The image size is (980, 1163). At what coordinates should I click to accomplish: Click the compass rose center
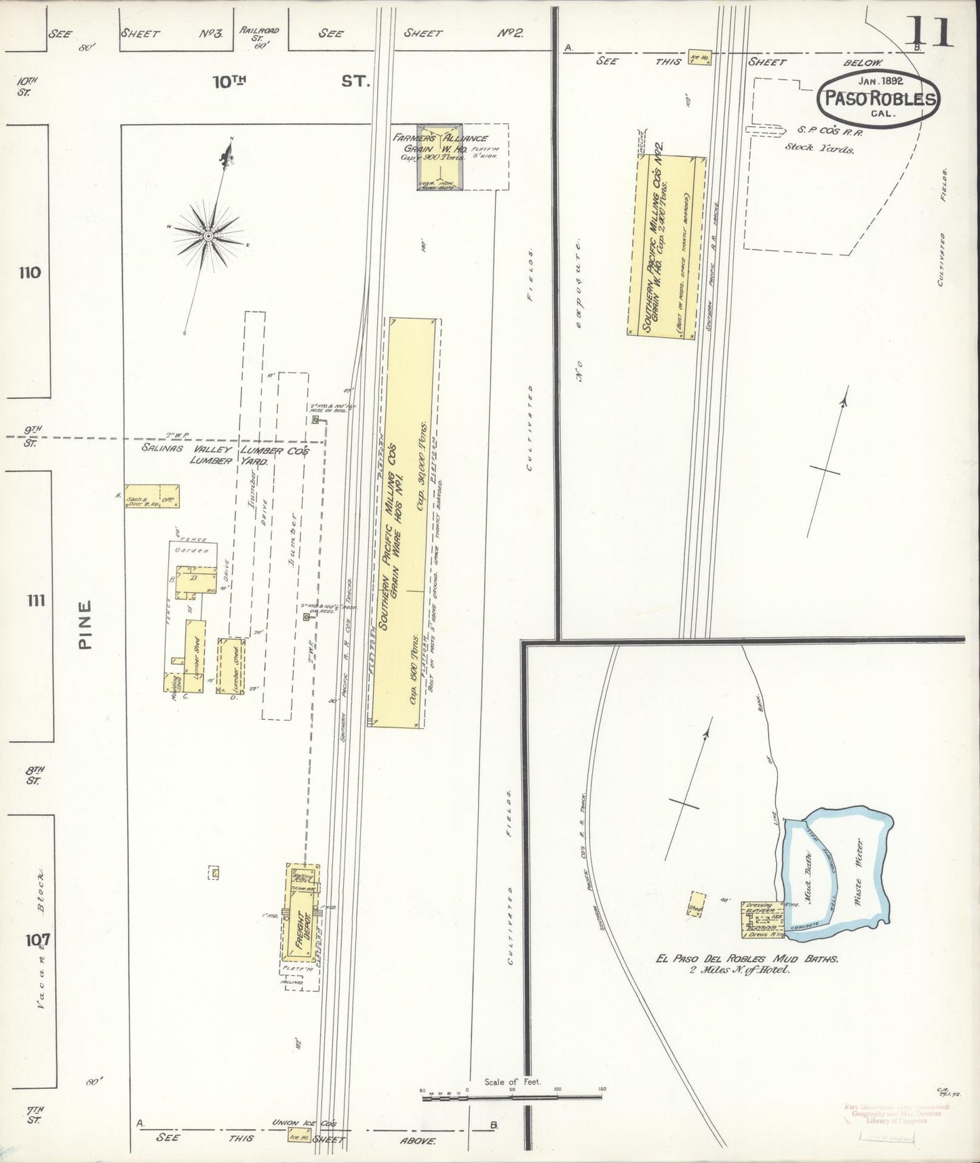coord(208,235)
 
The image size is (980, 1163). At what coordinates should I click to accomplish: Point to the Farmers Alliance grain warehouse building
coord(439,158)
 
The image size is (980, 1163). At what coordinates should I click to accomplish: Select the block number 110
coord(30,273)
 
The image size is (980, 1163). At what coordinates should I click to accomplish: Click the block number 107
coord(30,940)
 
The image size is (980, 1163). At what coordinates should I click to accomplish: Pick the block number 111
coord(35,600)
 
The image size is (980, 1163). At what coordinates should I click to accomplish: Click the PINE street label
coord(85,625)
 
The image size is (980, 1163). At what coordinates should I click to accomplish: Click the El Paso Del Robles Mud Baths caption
coord(747,959)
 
